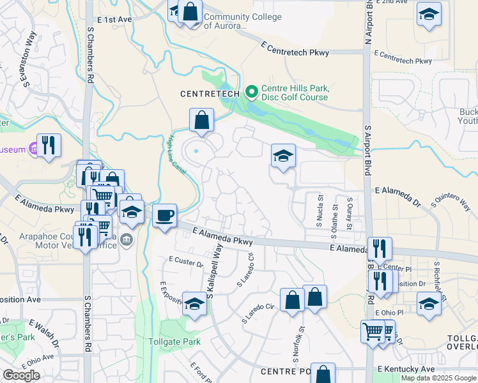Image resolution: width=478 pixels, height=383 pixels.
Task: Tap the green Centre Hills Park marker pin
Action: point(251,93)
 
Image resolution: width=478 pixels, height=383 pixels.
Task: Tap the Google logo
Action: point(22,375)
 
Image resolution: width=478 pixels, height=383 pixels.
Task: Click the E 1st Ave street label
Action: point(116,20)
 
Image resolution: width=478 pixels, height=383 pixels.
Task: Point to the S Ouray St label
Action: point(350,215)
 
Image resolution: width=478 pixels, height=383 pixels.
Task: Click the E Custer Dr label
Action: point(186,262)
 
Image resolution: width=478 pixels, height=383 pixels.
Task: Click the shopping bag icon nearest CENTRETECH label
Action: point(201,120)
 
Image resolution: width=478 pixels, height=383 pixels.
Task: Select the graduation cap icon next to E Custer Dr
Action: point(194,303)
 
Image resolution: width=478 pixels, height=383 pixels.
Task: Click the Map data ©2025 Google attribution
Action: point(439,378)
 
